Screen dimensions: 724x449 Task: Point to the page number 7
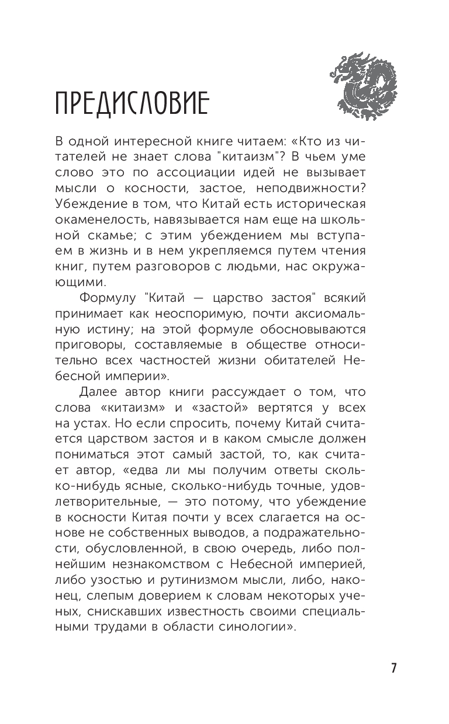point(394,668)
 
